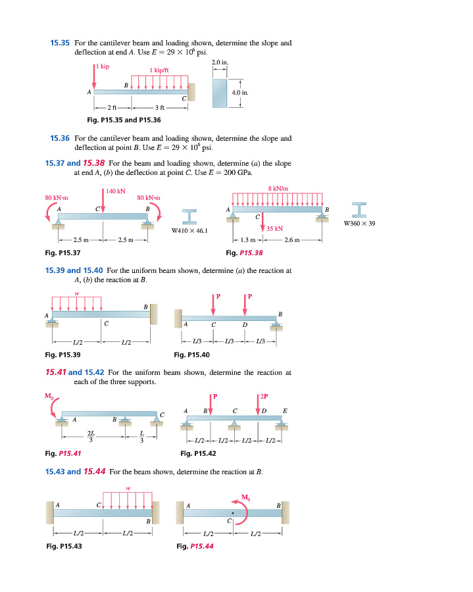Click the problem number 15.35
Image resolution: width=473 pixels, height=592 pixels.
pyautogui.click(x=60, y=43)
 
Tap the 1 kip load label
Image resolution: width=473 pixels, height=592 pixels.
pyautogui.click(x=102, y=66)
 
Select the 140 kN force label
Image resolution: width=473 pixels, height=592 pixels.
pyautogui.click(x=116, y=191)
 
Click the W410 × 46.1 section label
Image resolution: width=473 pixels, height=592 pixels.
pyautogui.click(x=189, y=231)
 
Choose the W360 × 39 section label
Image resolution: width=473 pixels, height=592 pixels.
pyautogui.click(x=359, y=224)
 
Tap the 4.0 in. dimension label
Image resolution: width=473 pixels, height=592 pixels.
pyautogui.click(x=240, y=93)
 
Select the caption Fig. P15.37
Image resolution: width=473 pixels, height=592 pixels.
pyautogui.click(x=62, y=253)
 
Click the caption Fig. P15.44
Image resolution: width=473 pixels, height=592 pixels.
pyautogui.click(x=195, y=546)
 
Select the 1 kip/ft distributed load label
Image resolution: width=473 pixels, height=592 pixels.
pyautogui.click(x=159, y=70)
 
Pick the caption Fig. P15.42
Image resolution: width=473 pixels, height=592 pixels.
pyautogui.click(x=198, y=453)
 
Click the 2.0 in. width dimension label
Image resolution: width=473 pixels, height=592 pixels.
pyautogui.click(x=220, y=62)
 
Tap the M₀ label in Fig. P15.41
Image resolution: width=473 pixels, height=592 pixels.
pyautogui.click(x=49, y=396)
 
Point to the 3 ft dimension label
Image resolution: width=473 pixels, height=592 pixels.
pyautogui.click(x=159, y=108)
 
